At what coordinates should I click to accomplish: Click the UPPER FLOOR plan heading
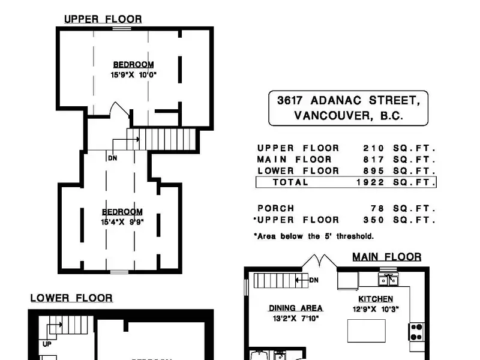click(x=103, y=19)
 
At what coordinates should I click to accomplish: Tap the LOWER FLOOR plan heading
click(x=71, y=298)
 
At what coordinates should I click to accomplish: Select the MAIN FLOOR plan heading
click(x=387, y=257)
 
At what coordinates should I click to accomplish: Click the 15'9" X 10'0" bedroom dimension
click(x=133, y=74)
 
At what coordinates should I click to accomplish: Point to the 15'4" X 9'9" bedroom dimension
click(x=122, y=222)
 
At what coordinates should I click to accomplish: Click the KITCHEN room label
click(x=376, y=299)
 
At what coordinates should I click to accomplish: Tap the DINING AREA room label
click(x=296, y=308)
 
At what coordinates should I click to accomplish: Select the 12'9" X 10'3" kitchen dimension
click(x=376, y=309)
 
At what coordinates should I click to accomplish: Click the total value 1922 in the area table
click(x=370, y=182)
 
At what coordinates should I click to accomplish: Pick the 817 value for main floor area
click(x=373, y=160)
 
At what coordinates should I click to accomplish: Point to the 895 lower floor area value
click(x=373, y=171)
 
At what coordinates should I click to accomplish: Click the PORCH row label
click(x=276, y=208)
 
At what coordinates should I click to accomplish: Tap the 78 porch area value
click(x=377, y=208)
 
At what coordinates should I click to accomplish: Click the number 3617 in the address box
click(x=290, y=100)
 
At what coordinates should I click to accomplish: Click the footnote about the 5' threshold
click(x=314, y=236)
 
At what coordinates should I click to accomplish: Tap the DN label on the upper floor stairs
click(x=113, y=158)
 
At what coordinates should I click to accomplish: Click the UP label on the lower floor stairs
click(x=47, y=344)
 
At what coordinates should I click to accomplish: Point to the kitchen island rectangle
click(x=367, y=331)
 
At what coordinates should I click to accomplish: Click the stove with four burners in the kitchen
click(x=416, y=332)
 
